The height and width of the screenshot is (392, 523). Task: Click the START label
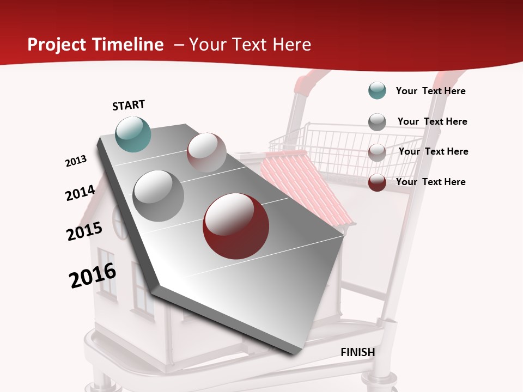tap(129, 105)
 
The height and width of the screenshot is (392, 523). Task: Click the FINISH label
tap(357, 352)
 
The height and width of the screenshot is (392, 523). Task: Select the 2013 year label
tap(76, 161)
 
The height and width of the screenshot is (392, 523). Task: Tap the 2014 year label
tap(80, 193)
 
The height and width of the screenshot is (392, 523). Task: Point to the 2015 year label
tap(84, 231)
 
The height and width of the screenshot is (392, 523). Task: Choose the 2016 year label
tap(93, 275)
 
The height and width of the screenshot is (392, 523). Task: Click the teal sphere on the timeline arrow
tap(133, 134)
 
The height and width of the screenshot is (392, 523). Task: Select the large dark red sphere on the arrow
tap(236, 226)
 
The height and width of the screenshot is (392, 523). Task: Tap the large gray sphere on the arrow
tap(158, 195)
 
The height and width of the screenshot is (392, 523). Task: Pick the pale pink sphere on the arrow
tap(206, 152)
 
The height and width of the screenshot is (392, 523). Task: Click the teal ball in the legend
tap(377, 90)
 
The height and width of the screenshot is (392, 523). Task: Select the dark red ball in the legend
tap(377, 182)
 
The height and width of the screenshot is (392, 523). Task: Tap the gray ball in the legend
tap(377, 121)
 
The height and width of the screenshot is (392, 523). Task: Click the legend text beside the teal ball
tap(430, 91)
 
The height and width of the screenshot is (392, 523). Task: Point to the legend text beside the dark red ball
tap(430, 182)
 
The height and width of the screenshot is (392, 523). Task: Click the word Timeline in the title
tap(129, 45)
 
